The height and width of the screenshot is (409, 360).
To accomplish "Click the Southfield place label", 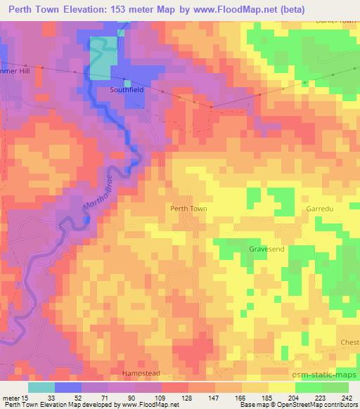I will coord(127,90).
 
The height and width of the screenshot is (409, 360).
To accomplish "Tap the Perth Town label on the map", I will coord(188,209).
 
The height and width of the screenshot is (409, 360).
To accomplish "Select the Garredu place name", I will coord(318,209).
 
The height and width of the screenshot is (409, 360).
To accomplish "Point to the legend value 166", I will coord(243,397).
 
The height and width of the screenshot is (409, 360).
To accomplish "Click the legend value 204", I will coord(295,397).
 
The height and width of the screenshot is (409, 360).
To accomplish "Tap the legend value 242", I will coord(347,397).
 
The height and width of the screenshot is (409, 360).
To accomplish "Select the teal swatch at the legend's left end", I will coord(41,387).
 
